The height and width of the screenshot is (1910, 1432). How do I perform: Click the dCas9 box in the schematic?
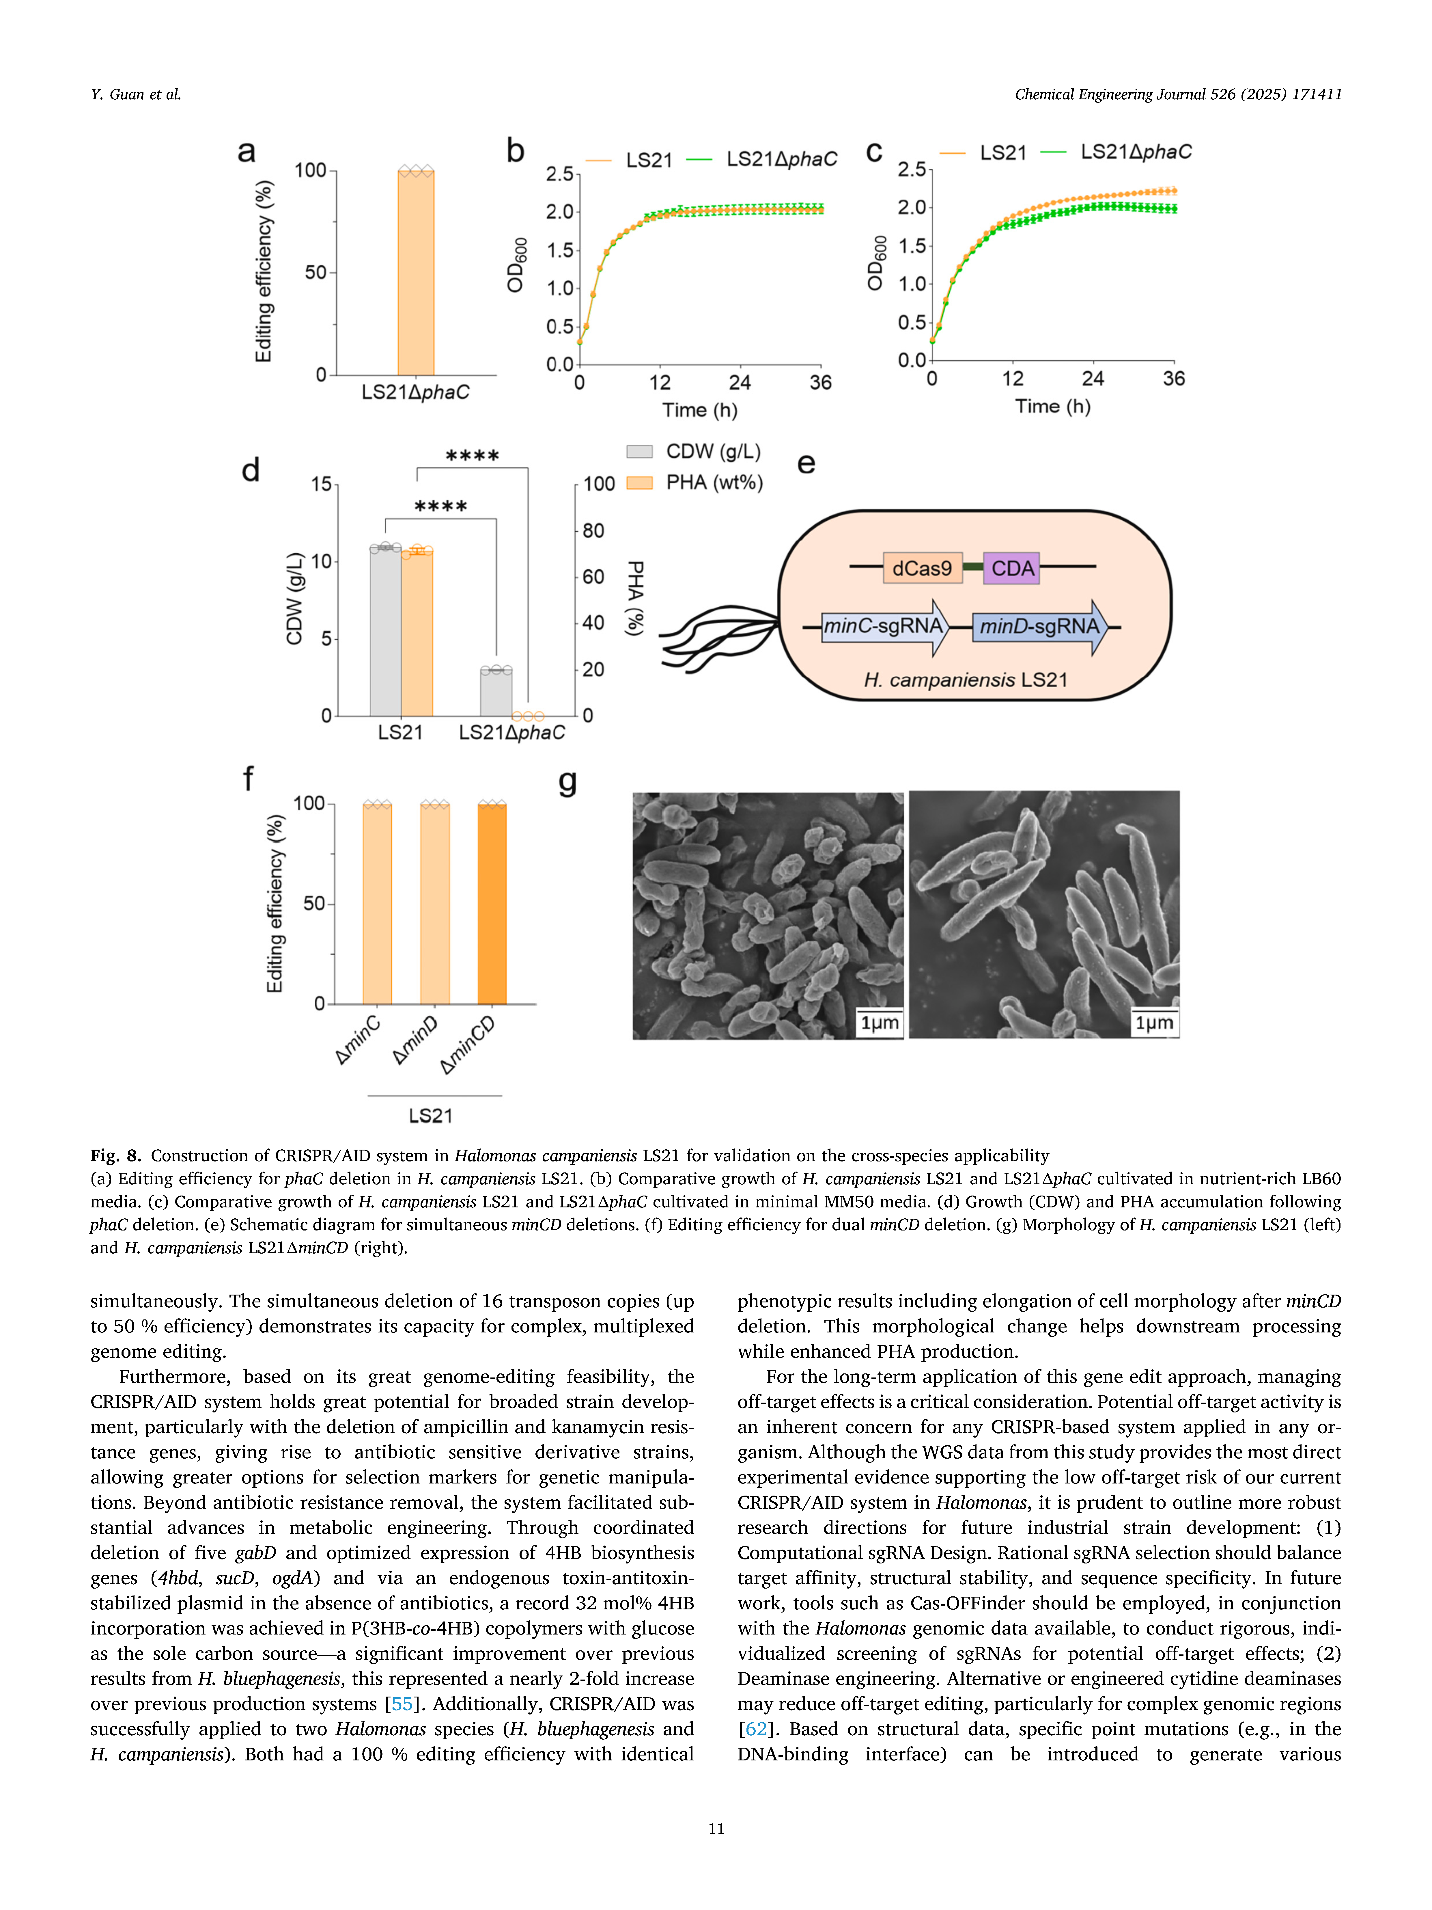[922, 568]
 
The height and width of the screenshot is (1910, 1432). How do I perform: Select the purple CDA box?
[1012, 568]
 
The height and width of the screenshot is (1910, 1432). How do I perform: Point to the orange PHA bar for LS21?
[417, 633]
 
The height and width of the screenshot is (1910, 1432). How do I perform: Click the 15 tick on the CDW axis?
[322, 484]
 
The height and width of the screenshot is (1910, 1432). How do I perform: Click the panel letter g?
[567, 782]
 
